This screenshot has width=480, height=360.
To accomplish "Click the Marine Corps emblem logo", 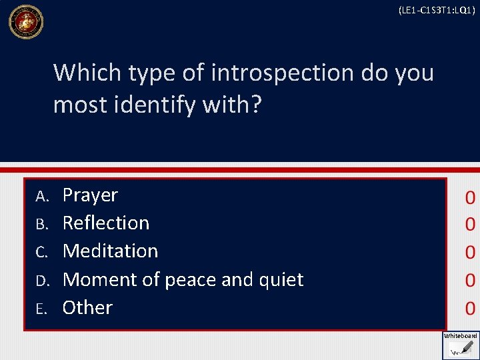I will point(25,21).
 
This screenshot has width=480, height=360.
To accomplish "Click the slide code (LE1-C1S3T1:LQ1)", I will point(436,10).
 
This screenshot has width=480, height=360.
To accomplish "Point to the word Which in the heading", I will point(85,73).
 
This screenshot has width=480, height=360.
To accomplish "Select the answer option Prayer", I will point(90,195).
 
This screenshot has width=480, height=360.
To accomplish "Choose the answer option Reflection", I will point(106,223).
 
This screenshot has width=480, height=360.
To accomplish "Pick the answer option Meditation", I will point(110,251).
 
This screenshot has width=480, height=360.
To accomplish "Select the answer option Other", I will point(87,307).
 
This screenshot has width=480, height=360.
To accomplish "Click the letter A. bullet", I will point(43,196).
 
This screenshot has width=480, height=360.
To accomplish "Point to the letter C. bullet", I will point(43,251).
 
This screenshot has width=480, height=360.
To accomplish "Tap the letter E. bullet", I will point(43,308).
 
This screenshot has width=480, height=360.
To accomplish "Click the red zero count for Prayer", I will point(470,198).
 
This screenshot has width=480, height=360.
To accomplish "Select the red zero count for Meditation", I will point(470,253).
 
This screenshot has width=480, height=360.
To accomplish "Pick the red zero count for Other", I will point(470,308).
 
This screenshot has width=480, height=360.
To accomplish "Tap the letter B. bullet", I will point(43,223).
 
